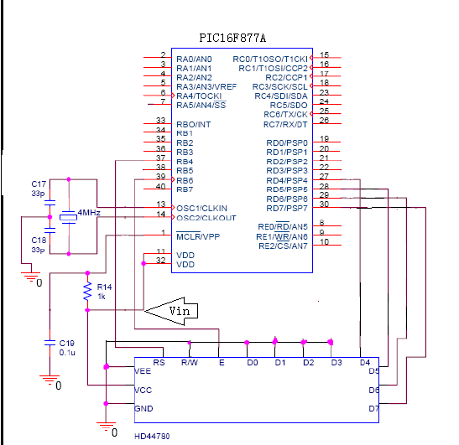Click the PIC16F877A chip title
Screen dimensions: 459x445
[x=232, y=38]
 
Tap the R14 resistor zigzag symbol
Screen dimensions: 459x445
[x=87, y=291]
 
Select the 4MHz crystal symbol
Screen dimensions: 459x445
[x=69, y=217]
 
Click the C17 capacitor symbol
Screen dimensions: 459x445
[x=50, y=203]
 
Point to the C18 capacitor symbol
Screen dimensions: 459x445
[x=50, y=230]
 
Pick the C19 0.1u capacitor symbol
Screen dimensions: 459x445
[x=50, y=343]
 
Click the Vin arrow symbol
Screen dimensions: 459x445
[x=171, y=311]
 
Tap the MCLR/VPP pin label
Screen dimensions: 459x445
[x=198, y=236]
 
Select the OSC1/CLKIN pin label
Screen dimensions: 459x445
[x=201, y=208]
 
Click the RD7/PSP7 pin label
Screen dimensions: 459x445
[x=287, y=208]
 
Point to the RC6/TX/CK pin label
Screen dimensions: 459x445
[x=285, y=114]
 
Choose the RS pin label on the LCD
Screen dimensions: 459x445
[x=159, y=363]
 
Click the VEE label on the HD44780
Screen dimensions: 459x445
[x=143, y=371]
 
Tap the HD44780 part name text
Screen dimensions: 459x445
[x=152, y=437]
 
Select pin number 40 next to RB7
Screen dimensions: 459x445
[x=161, y=186]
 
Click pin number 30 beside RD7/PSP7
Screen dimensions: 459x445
[x=324, y=204]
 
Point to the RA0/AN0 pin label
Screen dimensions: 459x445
[x=194, y=60]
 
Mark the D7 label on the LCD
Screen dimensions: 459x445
[x=373, y=408]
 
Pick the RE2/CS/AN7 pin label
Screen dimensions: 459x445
[x=283, y=246]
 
